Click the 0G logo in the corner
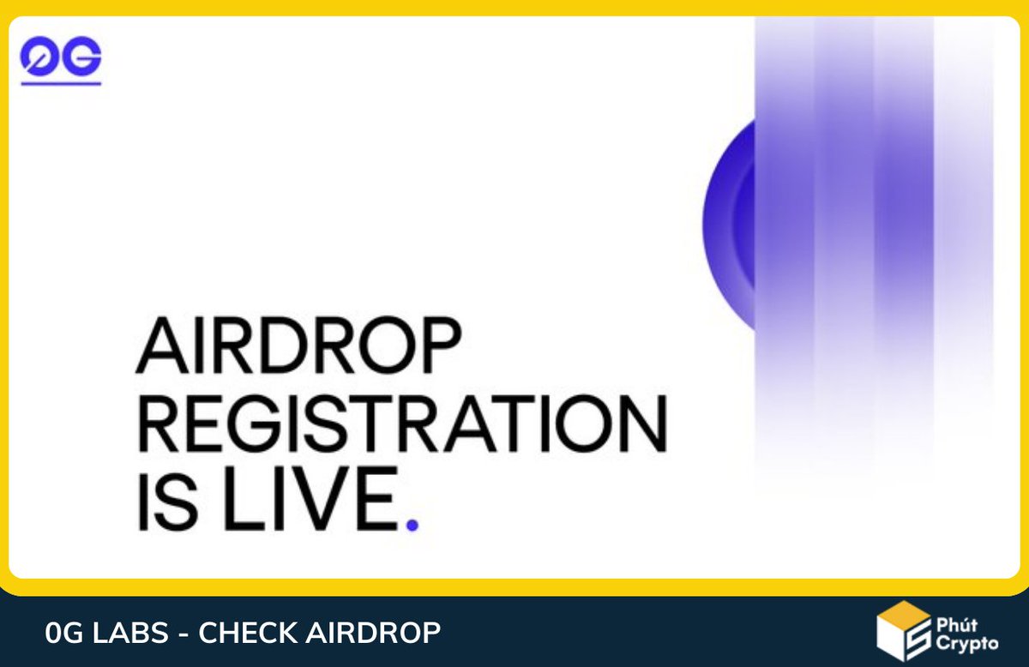[x=60, y=58]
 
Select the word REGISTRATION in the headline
[x=401, y=425]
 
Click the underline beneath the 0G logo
[x=60, y=82]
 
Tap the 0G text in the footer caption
[x=59, y=634]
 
